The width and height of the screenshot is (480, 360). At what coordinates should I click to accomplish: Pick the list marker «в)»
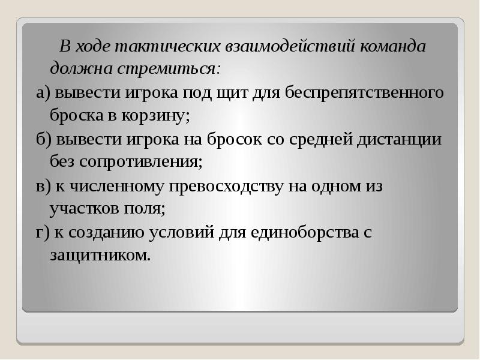pos(43,187)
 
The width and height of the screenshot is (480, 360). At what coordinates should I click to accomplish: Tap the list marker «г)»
pos(42,233)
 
